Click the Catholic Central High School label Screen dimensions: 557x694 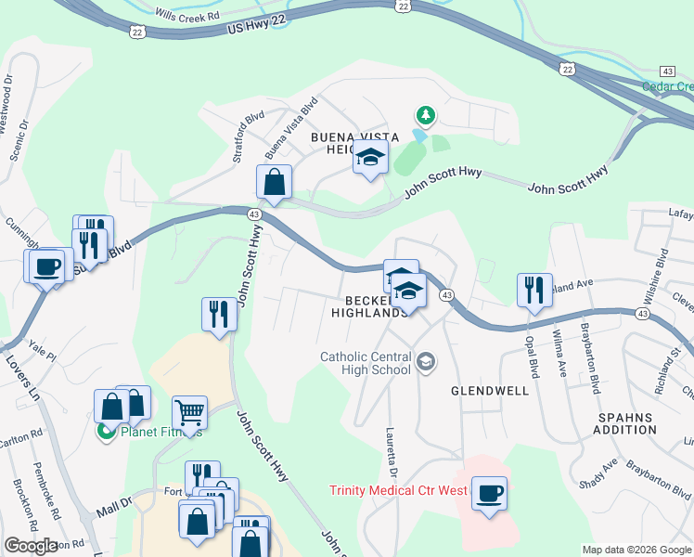point(365,362)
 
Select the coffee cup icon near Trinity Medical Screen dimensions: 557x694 point(489,493)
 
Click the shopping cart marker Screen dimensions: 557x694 point(188,412)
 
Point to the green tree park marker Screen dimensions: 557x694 point(426,116)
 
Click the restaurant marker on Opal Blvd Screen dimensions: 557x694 point(534,290)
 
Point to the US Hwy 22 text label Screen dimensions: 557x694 point(253,31)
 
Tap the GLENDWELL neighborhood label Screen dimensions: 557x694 point(490,391)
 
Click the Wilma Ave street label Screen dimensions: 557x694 point(560,353)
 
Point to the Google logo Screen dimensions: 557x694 point(31,546)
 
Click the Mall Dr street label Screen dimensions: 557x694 point(115,508)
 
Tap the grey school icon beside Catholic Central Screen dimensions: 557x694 point(426,362)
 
